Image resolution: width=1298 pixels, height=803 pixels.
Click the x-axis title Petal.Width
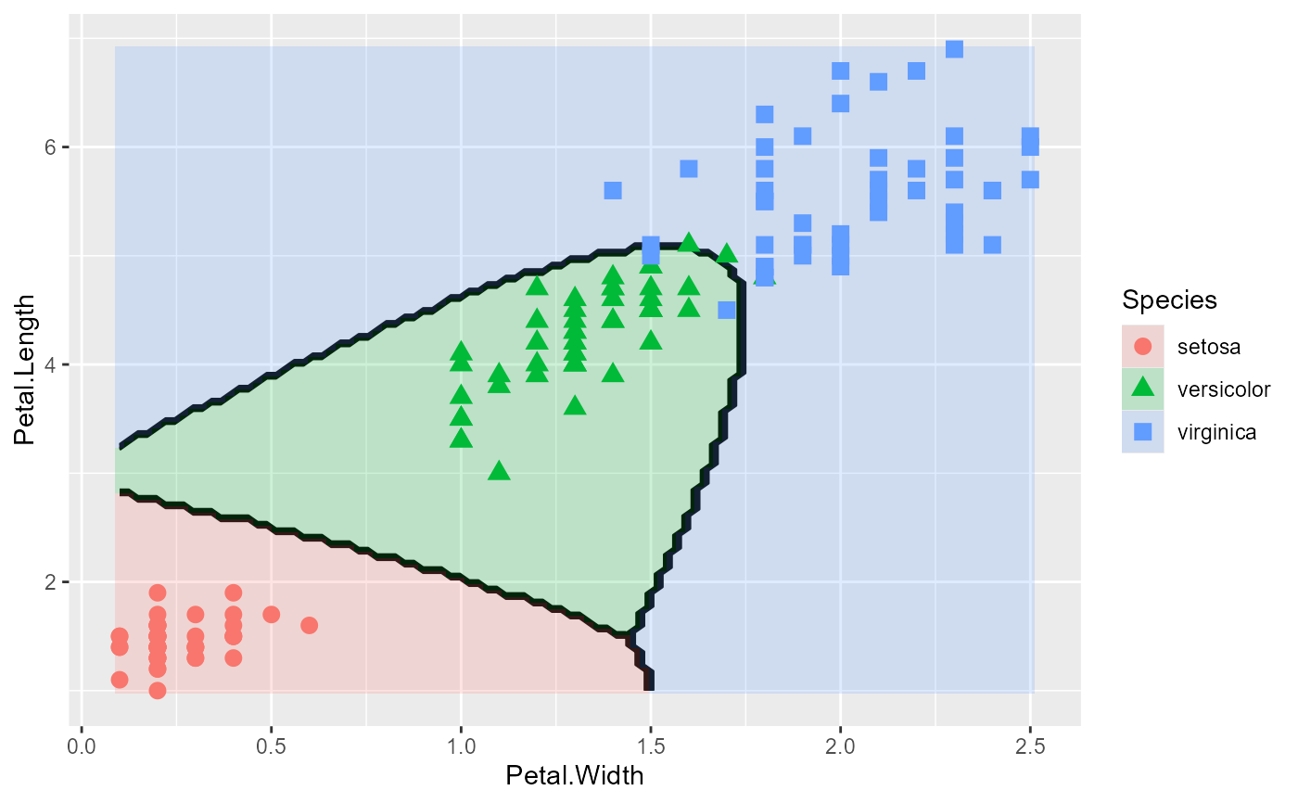pos(574,775)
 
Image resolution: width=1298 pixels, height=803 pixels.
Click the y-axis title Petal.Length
pos(27,370)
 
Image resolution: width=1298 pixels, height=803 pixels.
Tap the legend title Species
pos(1169,300)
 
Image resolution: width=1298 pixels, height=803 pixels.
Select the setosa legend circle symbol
pos(1142,346)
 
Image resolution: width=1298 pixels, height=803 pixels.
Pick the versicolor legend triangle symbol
pos(1142,388)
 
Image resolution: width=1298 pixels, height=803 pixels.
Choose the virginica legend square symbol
pos(1142,431)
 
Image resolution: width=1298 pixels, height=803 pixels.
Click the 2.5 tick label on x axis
pos(1029,746)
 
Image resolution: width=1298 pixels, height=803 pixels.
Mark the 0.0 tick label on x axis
pos(82,746)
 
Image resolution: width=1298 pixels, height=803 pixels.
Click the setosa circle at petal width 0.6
pos(309,625)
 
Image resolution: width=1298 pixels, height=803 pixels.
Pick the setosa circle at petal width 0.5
pos(271,614)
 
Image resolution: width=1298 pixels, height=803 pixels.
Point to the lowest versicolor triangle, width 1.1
pos(499,471)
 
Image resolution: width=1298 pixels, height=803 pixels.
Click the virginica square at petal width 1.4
pos(613,190)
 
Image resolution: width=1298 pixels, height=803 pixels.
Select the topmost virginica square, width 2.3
pos(954,49)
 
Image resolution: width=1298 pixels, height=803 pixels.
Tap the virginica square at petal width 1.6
pos(688,169)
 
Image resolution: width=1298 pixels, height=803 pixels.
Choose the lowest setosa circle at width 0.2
pos(158,690)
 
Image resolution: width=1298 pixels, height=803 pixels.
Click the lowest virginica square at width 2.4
pos(992,245)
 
